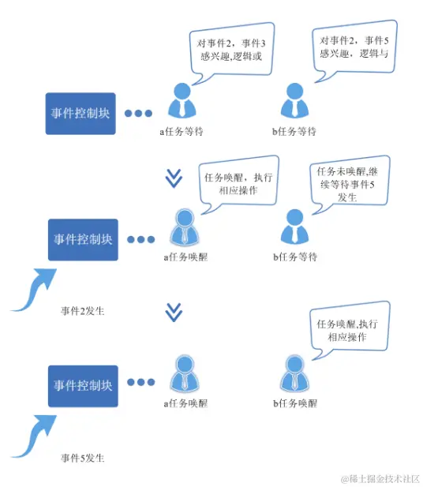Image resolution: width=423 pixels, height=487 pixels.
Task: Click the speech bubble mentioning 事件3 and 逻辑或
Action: [x=231, y=46]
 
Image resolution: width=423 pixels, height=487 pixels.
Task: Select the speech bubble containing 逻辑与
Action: [x=353, y=47]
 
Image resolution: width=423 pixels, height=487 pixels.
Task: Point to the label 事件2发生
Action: [x=83, y=310]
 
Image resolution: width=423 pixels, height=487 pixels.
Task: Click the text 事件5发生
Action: [x=83, y=457]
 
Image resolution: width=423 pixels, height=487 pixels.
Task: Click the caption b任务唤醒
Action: [x=295, y=403]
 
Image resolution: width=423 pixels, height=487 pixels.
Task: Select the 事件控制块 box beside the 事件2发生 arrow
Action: [x=83, y=239]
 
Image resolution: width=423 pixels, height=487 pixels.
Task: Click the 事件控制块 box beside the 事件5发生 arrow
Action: [x=83, y=386]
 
